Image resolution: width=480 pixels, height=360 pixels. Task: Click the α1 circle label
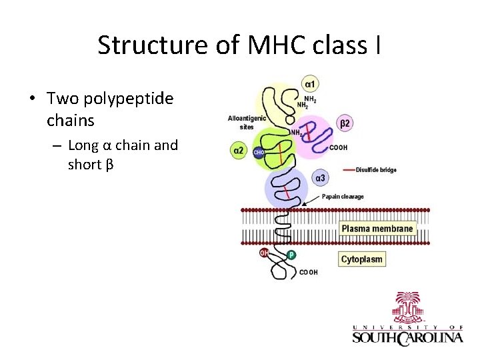pos(311,84)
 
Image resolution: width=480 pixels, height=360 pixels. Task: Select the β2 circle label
pos(345,123)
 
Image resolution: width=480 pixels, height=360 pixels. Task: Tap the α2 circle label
pos(238,151)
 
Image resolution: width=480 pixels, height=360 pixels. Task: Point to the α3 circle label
pos(320,178)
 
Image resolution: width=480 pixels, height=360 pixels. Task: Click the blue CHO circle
pos(259,153)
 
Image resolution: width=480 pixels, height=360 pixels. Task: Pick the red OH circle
pos(265,253)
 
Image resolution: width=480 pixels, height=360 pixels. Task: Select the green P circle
pos(291,255)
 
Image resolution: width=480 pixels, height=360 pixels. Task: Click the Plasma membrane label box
pos(377,229)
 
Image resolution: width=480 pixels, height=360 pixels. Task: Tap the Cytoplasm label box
pos(362,259)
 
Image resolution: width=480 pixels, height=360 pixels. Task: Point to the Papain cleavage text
pos(343,197)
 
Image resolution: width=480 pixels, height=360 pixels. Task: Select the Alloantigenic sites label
pos(247,122)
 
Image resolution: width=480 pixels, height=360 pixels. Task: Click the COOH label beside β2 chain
pos(338,147)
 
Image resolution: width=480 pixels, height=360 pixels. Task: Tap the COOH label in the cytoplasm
pos(309,272)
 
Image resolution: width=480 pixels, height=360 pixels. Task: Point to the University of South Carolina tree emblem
pos(407,307)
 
